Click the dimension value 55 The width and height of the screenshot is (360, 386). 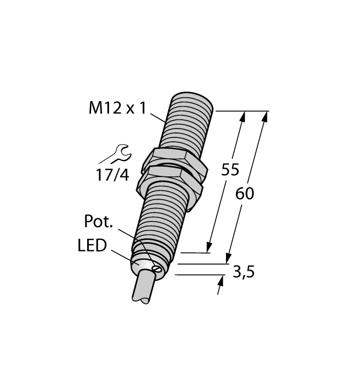230,170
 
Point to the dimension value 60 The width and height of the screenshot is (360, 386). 244,194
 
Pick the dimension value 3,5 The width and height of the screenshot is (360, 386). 243,272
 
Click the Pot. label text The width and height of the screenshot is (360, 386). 98,222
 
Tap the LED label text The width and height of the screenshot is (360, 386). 92,246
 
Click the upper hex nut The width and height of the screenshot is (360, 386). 175,159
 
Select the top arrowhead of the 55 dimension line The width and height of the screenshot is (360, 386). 243,116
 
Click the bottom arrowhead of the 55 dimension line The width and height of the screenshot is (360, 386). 209,247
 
